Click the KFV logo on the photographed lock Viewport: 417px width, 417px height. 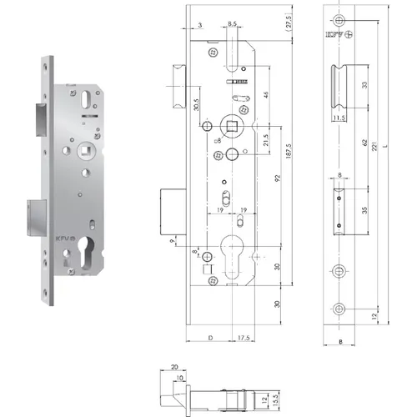(64, 236)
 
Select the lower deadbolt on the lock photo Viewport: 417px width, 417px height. (31, 216)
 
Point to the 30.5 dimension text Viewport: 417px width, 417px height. (196, 106)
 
